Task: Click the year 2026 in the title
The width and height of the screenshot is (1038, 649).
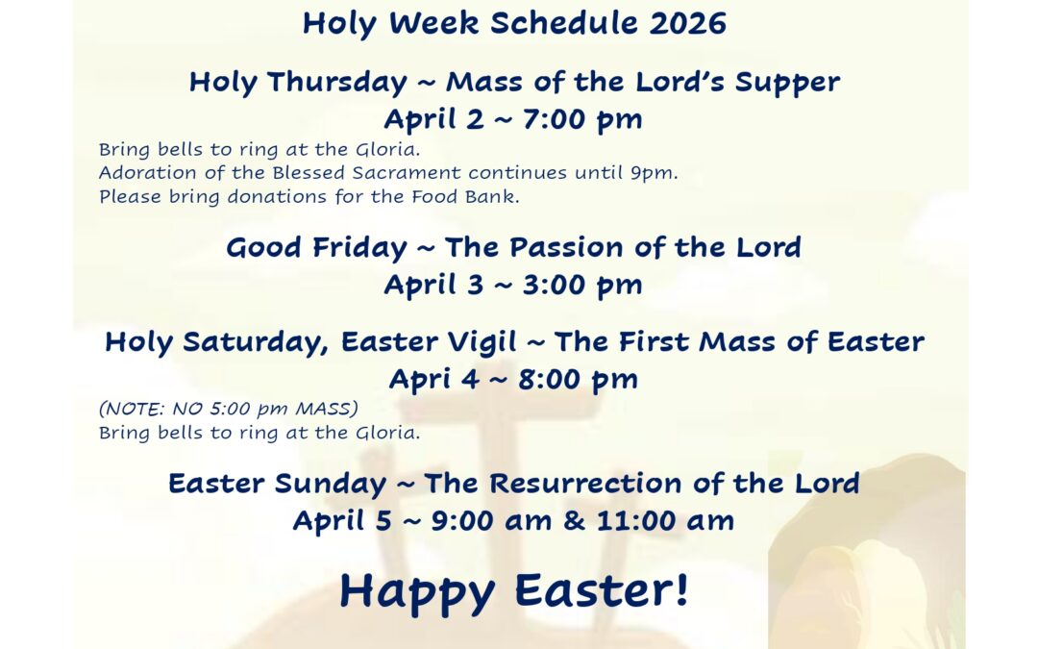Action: pyautogui.click(x=687, y=23)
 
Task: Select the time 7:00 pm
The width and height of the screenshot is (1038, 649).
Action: pyautogui.click(x=582, y=120)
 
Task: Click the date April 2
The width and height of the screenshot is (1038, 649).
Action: pyautogui.click(x=433, y=120)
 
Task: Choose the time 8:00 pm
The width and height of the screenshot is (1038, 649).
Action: pyautogui.click(x=578, y=380)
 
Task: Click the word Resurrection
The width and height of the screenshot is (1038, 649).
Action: pyautogui.click(x=585, y=484)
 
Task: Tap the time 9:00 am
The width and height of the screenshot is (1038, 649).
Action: pyautogui.click(x=491, y=521)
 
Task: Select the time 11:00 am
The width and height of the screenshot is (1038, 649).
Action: pyautogui.click(x=665, y=521)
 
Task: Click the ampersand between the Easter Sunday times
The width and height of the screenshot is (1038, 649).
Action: pyautogui.click(x=574, y=521)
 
